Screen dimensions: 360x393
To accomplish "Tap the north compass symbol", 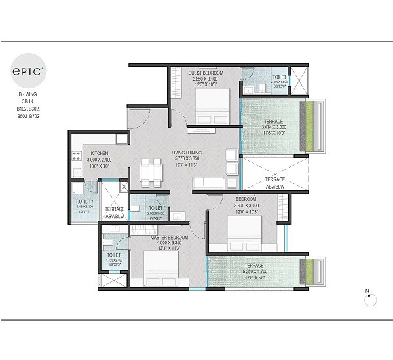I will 370,298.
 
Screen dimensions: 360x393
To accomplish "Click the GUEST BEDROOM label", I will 206,73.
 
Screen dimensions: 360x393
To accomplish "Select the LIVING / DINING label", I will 187,153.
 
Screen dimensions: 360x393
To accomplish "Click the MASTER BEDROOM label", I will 169,237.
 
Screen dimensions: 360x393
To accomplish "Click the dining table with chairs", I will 152,171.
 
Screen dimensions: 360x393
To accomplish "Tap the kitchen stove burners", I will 77,156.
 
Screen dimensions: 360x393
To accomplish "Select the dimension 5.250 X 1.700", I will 255,272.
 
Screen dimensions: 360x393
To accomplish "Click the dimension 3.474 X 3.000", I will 274,128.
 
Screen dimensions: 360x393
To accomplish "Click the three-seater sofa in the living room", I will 208,181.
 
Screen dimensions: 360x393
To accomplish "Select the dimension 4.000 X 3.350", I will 169,243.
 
